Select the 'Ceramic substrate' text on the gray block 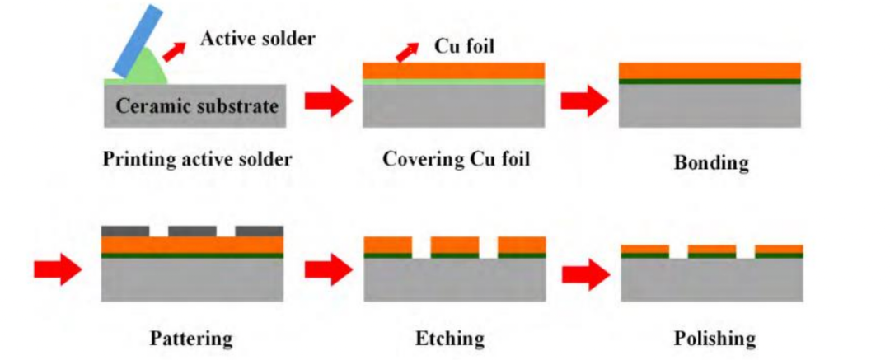point(196,106)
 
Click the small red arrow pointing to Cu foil point(406,52)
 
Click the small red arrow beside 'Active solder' point(174,49)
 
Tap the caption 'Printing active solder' point(197,159)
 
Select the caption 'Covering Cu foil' point(456,159)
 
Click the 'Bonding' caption point(711,162)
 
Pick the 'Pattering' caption point(191,338)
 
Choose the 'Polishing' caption point(714,338)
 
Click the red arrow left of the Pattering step point(58,269)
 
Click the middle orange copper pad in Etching point(454,245)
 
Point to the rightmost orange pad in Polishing point(778,248)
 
